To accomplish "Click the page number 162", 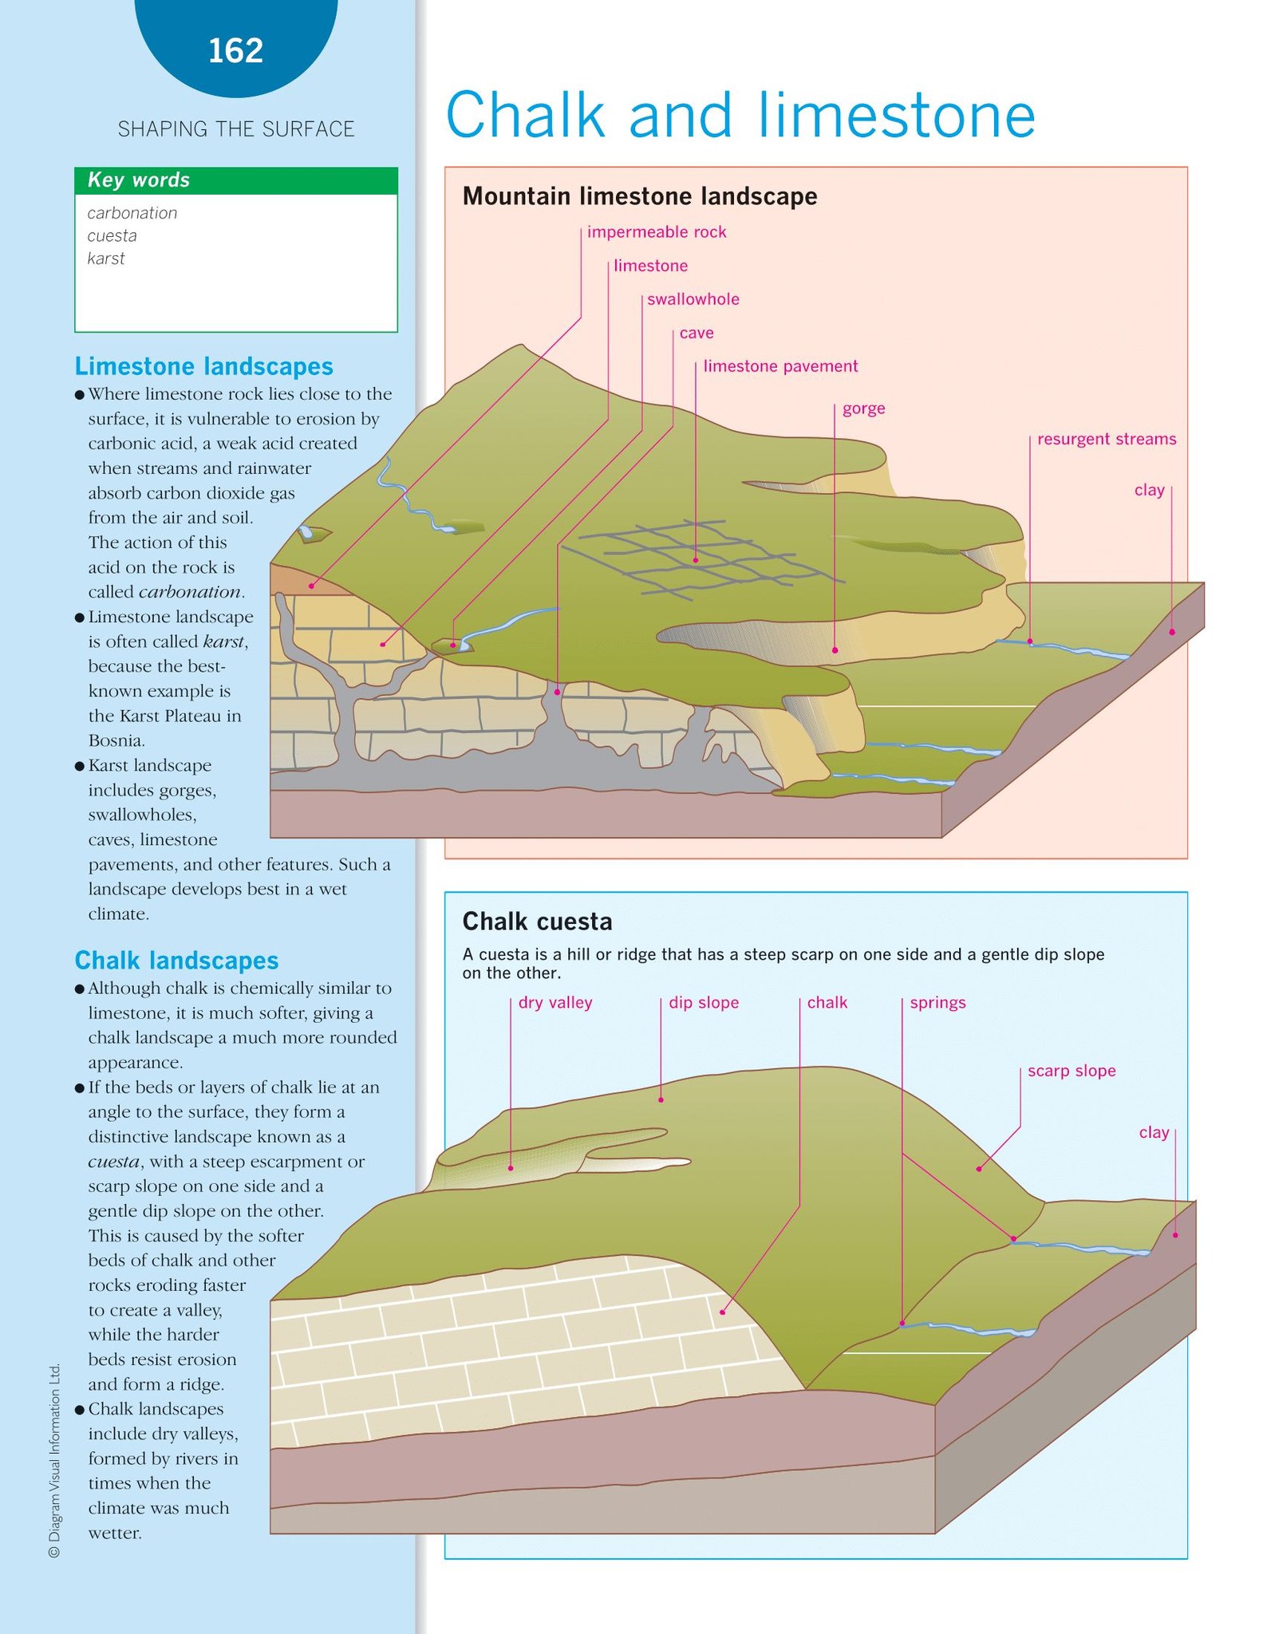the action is coord(235,51).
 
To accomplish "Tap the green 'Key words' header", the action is coord(235,180).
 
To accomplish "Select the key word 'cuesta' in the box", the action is coord(112,235).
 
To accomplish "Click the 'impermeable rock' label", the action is coord(657,232).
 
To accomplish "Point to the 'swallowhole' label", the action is coord(693,299).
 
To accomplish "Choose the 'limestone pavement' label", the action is coord(780,366).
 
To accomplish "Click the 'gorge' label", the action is coord(863,408).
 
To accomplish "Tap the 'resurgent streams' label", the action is coord(1107,439).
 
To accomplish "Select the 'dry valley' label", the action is coord(555,1003).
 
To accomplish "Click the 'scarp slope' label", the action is coord(1072,1071).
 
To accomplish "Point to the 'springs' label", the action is coord(937,1003).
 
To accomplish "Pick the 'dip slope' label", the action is coord(704,1003).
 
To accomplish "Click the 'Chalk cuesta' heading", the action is coord(537,922).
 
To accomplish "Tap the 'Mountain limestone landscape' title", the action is coord(640,196).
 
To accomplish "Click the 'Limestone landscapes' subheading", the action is coord(203,366).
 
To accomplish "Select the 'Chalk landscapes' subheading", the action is coord(176,961).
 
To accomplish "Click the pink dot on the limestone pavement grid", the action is coord(696,560).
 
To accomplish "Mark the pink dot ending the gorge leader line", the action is coord(835,650).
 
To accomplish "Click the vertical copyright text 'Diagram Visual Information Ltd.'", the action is coord(54,1460).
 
